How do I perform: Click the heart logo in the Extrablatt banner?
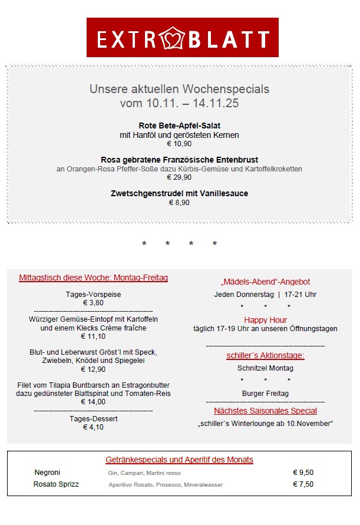pyautogui.click(x=173, y=38)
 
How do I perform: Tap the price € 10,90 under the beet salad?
pyautogui.click(x=179, y=144)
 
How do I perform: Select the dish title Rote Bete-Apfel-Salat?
pyautogui.click(x=179, y=126)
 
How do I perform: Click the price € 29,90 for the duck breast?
pyautogui.click(x=179, y=177)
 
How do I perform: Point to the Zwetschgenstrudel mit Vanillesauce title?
pyautogui.click(x=179, y=193)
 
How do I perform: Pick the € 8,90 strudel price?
pyautogui.click(x=179, y=203)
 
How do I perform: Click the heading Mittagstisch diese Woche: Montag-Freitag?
pyautogui.click(x=93, y=278)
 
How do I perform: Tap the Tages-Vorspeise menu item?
pyautogui.click(x=93, y=294)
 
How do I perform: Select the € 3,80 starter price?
pyautogui.click(x=93, y=303)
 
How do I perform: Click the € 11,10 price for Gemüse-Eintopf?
pyautogui.click(x=93, y=336)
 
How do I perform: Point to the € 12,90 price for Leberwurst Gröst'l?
pyautogui.click(x=93, y=369)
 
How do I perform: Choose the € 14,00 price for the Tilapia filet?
pyautogui.click(x=93, y=402)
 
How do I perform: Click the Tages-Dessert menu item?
pyautogui.click(x=93, y=418)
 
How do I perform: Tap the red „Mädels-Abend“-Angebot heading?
pyautogui.click(x=265, y=282)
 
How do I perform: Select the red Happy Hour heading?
pyautogui.click(x=265, y=320)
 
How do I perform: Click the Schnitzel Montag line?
pyautogui.click(x=265, y=368)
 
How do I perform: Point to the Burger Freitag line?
pyautogui.click(x=265, y=393)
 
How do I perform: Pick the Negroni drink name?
pyautogui.click(x=47, y=473)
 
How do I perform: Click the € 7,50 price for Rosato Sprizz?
pyautogui.click(x=303, y=484)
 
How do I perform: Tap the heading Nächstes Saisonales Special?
pyautogui.click(x=265, y=411)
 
